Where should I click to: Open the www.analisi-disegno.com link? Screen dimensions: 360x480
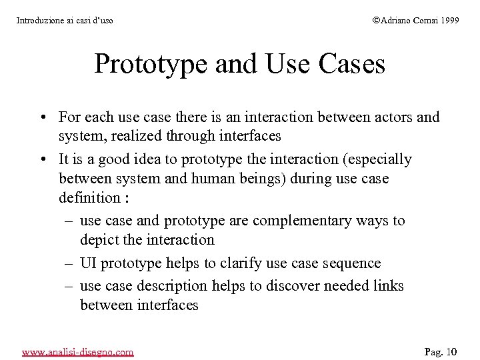click(77, 351)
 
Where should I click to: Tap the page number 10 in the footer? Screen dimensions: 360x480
click(451, 351)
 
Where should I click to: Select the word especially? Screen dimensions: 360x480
click(381, 159)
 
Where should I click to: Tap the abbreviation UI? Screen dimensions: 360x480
click(87, 263)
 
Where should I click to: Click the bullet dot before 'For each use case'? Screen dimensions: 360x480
click(41, 118)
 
